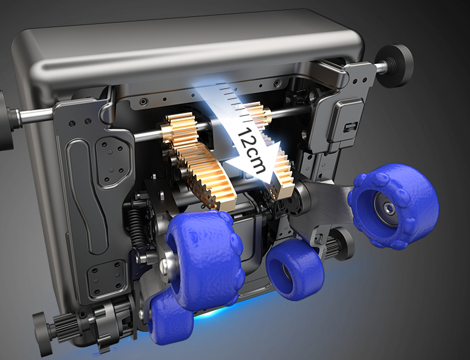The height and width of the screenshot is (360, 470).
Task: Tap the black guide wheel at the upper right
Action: (394, 66)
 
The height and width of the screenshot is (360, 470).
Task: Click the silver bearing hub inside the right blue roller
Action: (387, 208)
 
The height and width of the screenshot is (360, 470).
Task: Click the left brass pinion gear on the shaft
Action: (180, 130)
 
